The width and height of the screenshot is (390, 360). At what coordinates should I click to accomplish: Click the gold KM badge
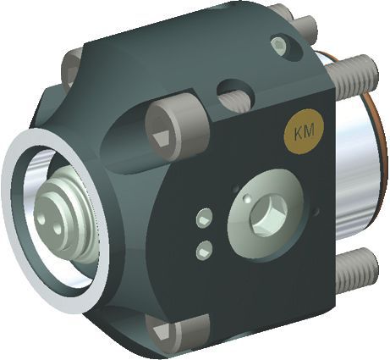304,131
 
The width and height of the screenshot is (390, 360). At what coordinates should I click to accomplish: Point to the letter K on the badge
299,134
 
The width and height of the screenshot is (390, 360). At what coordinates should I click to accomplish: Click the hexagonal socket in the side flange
268,216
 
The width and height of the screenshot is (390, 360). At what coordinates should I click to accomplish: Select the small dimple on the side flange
247,198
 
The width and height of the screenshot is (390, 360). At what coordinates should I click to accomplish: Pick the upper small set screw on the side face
205,219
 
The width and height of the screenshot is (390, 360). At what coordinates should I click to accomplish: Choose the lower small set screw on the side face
204,250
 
